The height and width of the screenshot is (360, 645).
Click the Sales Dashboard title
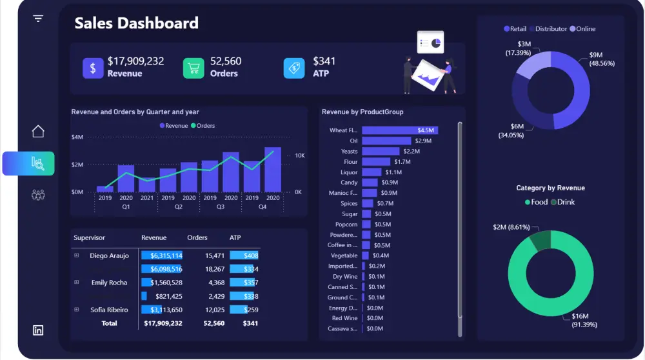click(x=136, y=23)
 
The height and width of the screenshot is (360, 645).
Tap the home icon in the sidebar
click(x=38, y=131)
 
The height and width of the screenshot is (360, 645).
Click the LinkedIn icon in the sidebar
click(x=38, y=330)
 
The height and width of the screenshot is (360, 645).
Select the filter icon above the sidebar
click(x=38, y=18)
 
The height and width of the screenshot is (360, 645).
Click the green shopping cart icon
click(x=193, y=68)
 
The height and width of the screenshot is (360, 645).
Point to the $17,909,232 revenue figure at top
click(x=135, y=61)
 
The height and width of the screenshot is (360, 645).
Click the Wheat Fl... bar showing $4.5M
click(x=400, y=130)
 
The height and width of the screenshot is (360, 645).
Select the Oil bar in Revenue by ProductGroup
click(x=386, y=141)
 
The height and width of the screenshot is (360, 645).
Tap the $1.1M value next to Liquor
click(x=393, y=172)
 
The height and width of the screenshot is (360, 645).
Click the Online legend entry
click(x=582, y=29)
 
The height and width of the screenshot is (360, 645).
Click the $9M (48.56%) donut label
click(x=602, y=59)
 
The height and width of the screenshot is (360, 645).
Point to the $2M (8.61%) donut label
click(x=511, y=227)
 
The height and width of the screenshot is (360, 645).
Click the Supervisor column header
click(x=89, y=237)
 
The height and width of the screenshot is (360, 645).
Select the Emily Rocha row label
click(x=109, y=283)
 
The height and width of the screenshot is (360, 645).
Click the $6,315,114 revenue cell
click(x=166, y=255)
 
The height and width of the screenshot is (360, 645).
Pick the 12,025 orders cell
click(x=215, y=310)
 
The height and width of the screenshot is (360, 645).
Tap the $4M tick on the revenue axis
click(x=77, y=137)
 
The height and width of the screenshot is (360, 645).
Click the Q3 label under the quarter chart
click(x=221, y=207)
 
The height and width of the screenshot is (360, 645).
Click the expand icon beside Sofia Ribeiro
click(x=77, y=310)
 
